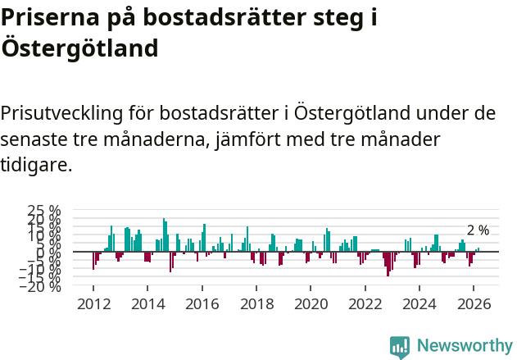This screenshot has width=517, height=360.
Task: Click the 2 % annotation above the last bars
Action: (x=478, y=230)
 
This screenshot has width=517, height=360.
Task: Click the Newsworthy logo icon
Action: (x=400, y=346)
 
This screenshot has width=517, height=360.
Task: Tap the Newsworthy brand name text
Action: (x=465, y=346)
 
